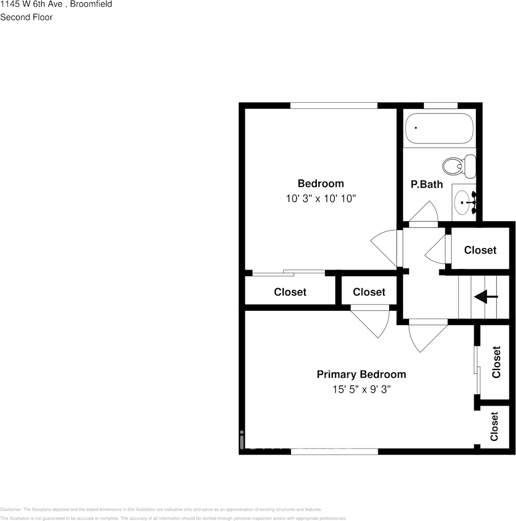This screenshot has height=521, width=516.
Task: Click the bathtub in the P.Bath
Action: (x=439, y=128)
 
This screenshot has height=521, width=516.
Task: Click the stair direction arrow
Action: (x=486, y=297)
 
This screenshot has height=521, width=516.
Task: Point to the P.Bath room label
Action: (x=427, y=184)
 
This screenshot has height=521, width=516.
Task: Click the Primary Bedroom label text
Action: (x=361, y=374)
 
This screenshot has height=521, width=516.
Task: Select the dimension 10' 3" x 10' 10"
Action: (x=321, y=198)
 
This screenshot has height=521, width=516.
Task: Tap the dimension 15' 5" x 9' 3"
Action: (x=361, y=389)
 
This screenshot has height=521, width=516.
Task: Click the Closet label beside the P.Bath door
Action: (x=480, y=250)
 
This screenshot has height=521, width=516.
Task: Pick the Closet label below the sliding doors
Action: (x=290, y=292)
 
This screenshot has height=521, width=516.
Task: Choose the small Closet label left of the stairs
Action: (x=369, y=292)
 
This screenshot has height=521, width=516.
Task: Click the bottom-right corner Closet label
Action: (x=494, y=426)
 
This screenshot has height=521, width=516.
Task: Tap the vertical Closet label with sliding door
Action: (x=496, y=362)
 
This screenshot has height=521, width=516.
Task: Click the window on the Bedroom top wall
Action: (x=334, y=105)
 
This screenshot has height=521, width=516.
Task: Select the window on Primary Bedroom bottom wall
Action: (x=334, y=451)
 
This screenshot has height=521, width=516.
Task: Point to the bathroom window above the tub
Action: (x=441, y=105)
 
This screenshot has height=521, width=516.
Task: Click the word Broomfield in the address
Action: (x=91, y=4)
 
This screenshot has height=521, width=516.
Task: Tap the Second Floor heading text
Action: (x=26, y=17)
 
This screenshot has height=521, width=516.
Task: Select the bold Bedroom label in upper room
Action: (x=321, y=183)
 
